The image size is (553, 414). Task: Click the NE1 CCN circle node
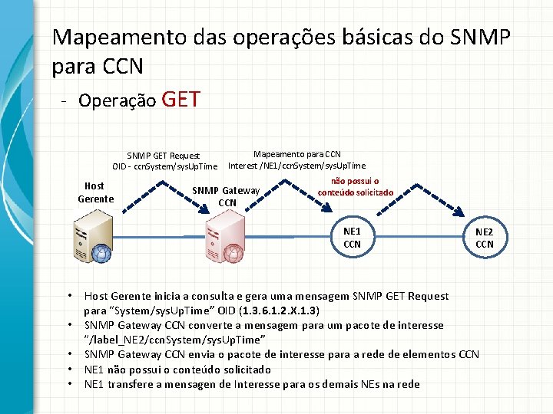352,238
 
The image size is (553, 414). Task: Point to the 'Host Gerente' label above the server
94,192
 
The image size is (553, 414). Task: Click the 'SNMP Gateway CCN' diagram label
227,196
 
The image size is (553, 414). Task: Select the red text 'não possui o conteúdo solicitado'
355,187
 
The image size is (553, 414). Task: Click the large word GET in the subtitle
182,99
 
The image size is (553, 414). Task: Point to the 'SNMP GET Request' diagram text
164,156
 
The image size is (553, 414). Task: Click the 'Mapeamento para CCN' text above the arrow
297,154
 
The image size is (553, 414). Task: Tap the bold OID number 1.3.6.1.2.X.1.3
279,310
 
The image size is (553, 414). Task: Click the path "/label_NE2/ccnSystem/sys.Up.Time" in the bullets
174,340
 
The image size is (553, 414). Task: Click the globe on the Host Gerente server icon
100,252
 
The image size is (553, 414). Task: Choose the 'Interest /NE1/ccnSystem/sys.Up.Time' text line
296,166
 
